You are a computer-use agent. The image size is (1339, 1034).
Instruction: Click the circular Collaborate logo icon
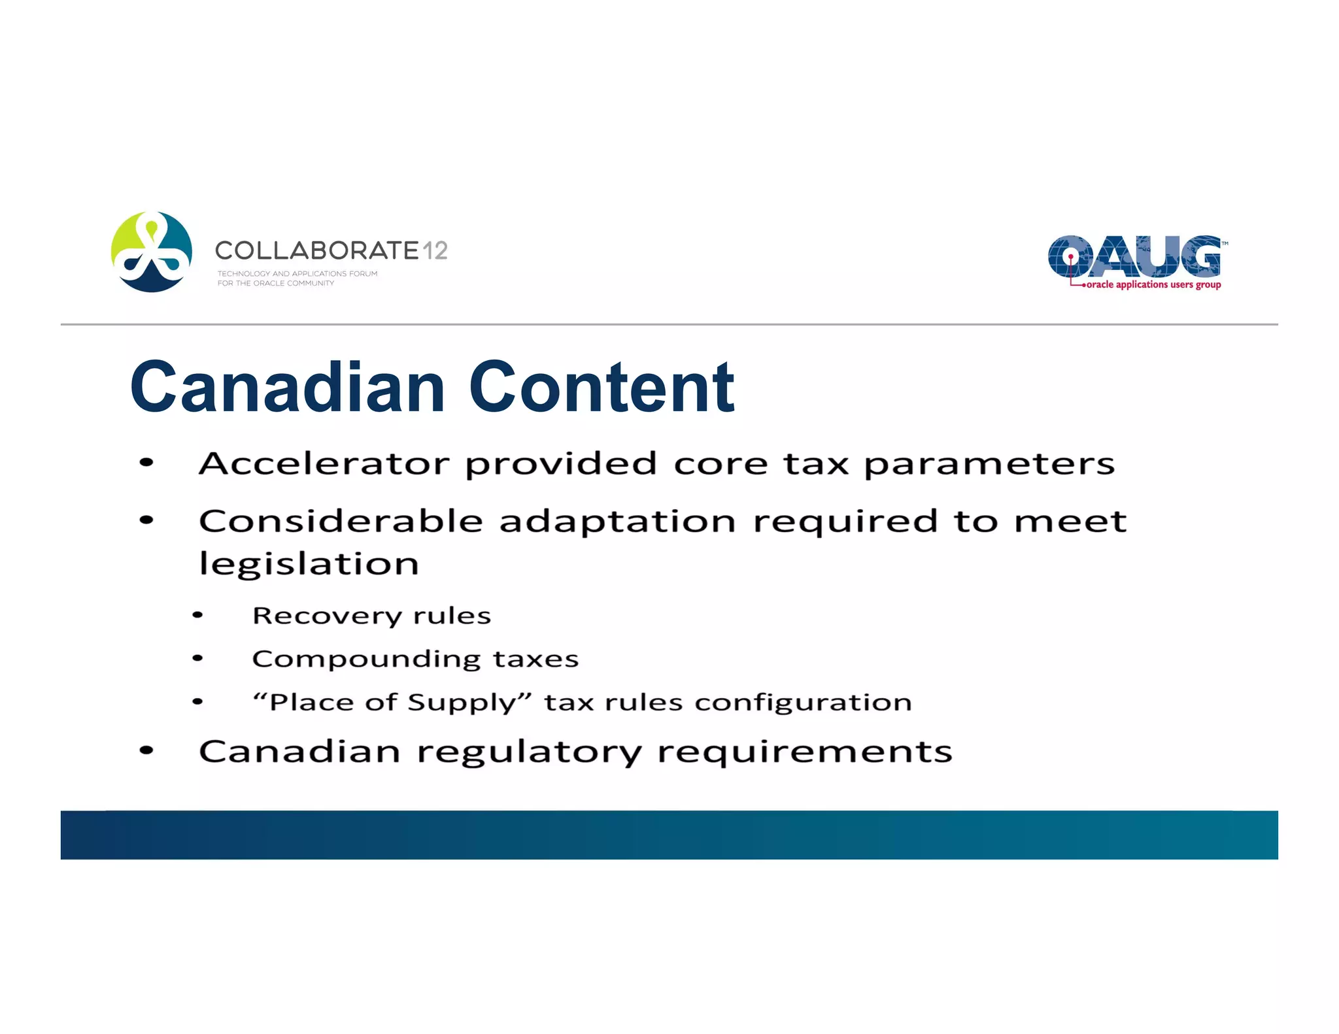coord(152,252)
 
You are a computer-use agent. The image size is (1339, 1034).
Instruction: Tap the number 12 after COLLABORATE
coord(435,250)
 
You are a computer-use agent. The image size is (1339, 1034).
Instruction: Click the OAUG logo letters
coord(1134,256)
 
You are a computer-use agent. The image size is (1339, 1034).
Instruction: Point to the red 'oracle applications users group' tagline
coord(1153,285)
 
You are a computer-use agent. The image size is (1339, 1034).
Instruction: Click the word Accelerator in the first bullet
coord(324,463)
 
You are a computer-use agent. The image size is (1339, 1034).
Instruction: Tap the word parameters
coord(989,465)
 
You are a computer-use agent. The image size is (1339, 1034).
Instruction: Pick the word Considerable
coord(341,522)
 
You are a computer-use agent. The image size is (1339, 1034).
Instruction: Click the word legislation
coord(309,564)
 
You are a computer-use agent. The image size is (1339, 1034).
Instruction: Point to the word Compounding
coord(366,659)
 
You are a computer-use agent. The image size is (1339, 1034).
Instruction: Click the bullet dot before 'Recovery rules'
coord(197,615)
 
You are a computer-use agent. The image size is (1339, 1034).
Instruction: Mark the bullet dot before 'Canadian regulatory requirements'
coord(146,751)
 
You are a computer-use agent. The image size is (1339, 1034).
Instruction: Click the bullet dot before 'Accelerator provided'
coord(146,463)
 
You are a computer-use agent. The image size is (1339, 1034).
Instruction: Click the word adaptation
coord(618,522)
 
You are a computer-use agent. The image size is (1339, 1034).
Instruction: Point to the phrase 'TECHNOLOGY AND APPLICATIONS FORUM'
coord(297,274)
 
